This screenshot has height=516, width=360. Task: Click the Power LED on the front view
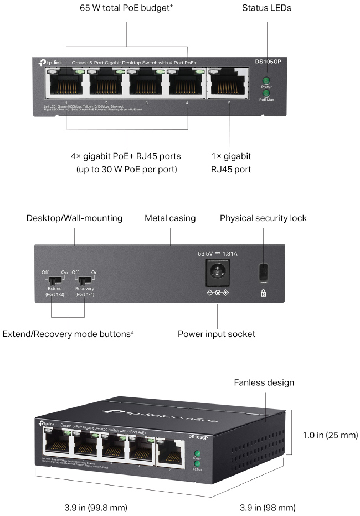[266, 81]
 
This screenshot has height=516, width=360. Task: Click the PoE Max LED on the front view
[266, 94]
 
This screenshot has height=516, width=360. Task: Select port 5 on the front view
[228, 85]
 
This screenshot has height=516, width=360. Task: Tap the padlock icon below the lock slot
[263, 293]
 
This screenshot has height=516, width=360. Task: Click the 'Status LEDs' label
[266, 8]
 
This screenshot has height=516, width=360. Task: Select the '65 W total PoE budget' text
[127, 8]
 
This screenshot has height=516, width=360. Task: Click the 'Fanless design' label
[264, 382]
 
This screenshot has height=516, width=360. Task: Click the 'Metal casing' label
[170, 218]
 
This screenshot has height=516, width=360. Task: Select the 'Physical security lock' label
[263, 218]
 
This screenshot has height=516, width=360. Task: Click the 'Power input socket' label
[217, 334]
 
